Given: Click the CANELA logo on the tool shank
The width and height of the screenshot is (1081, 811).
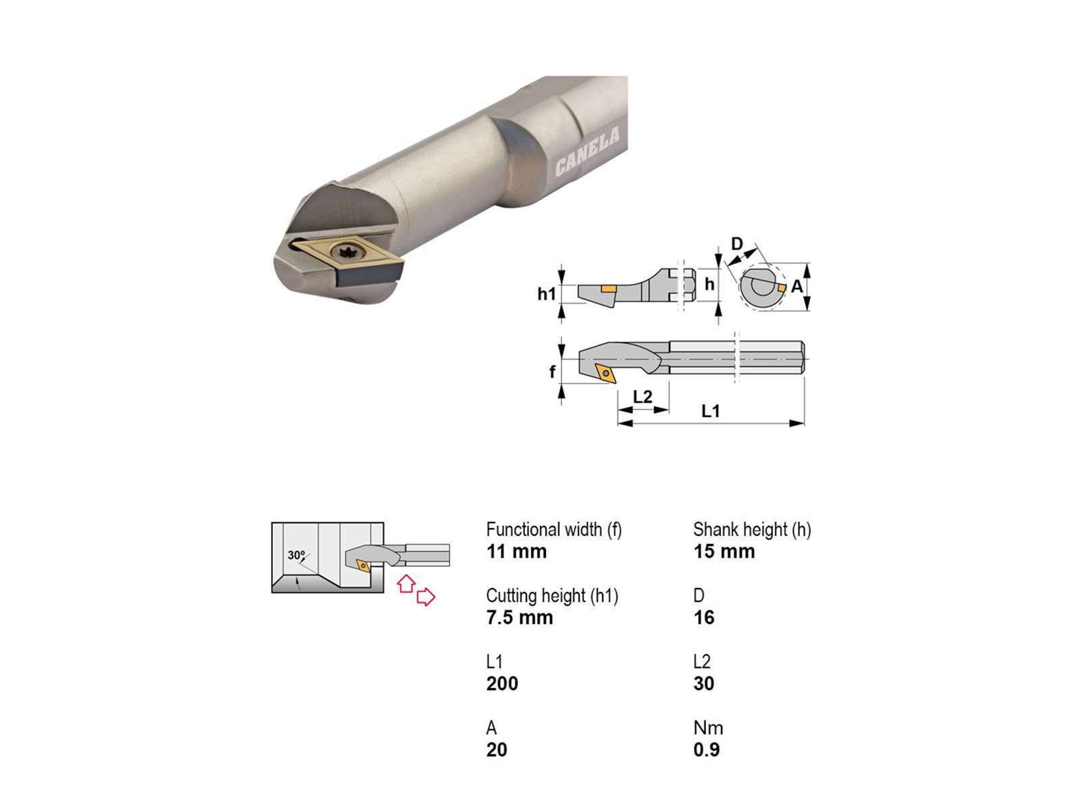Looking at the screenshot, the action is (587, 151).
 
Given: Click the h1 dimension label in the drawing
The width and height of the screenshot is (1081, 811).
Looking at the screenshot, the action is (546, 294).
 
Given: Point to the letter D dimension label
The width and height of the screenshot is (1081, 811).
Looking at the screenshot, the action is (736, 244).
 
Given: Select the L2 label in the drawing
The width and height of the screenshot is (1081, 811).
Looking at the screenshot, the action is (643, 397).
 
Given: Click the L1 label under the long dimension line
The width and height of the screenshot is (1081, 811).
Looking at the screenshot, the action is (710, 411).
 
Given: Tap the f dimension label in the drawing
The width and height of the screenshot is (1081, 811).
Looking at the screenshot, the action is (553, 371).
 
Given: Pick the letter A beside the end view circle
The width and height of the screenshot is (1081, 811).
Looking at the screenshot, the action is (797, 286).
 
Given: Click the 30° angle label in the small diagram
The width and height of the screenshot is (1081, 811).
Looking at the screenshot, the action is (297, 555).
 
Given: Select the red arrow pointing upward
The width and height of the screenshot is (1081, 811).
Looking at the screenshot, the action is (406, 583).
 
